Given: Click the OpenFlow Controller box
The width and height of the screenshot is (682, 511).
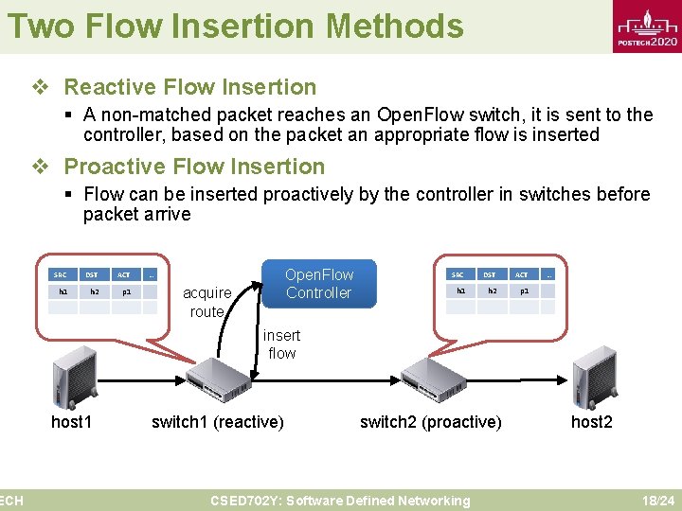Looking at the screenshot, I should coord(318,284).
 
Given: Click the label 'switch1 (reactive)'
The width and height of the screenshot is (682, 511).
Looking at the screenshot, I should coord(218,422).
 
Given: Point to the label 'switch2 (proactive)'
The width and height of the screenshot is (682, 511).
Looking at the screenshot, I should coord(431,422).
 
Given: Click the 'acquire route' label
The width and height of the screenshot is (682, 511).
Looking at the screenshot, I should coord(206,302).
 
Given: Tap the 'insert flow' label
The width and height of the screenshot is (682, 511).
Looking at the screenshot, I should coord(281,344).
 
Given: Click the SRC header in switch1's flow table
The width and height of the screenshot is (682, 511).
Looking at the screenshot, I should coord(63,274).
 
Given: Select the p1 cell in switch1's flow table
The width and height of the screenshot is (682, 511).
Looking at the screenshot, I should coord(125,292).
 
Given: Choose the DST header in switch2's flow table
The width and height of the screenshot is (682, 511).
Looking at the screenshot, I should coord(489,274).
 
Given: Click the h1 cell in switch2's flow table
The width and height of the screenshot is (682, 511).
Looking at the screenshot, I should coord(460,291).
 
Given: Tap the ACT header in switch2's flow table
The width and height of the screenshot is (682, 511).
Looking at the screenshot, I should coord(521,274).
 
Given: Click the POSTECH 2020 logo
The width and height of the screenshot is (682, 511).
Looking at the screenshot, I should coord(647,29).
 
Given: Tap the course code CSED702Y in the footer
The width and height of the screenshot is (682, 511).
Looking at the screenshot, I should coord(245,501).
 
